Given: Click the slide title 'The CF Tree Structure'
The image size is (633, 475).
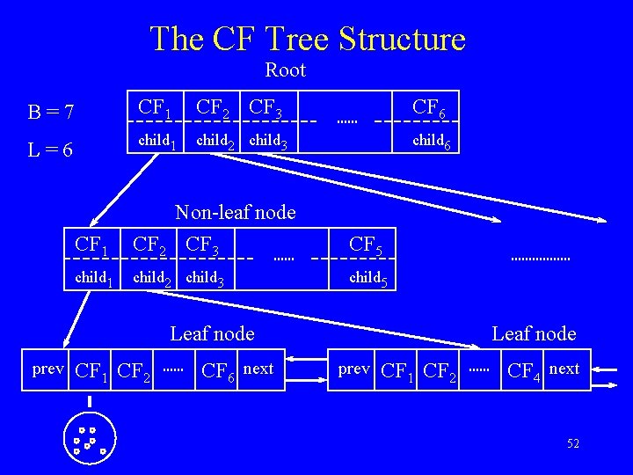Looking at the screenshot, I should click(x=307, y=39).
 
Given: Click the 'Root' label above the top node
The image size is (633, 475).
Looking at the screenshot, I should click(x=285, y=69).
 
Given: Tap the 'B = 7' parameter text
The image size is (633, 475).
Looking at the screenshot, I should click(x=51, y=113).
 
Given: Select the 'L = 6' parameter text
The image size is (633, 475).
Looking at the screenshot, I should click(x=50, y=150).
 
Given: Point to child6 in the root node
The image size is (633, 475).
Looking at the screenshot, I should click(x=433, y=142).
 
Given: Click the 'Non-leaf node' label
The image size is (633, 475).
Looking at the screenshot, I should click(x=236, y=212).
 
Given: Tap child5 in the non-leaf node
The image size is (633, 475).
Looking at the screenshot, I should click(x=369, y=280).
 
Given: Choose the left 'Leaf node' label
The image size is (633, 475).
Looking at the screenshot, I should click(x=212, y=333).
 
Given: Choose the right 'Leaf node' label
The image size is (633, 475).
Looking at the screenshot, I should click(x=534, y=333).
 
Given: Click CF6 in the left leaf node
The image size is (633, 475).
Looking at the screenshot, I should click(x=219, y=370).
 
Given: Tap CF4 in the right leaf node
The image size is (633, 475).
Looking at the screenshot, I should click(x=525, y=370).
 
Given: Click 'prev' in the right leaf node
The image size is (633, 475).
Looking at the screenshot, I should click(x=354, y=369).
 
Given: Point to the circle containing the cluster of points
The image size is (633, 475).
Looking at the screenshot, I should click(x=90, y=436).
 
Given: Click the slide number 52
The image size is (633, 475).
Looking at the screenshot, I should click(x=572, y=444).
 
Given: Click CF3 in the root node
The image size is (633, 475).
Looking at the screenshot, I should click(x=266, y=108).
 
